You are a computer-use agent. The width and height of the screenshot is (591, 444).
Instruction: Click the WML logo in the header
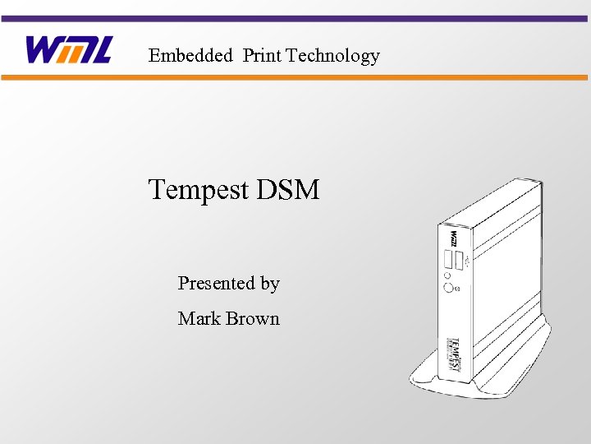tap(68, 50)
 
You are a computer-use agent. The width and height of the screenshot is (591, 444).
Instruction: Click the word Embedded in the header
tap(190, 56)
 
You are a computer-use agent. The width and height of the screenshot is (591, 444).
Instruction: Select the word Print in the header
tap(262, 56)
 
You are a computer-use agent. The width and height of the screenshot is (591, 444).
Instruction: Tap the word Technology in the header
tap(333, 56)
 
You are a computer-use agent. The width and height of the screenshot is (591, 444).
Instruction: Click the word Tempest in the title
tap(198, 191)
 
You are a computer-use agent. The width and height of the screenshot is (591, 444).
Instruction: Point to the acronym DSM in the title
tap(287, 191)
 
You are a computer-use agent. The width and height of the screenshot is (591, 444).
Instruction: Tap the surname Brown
tap(254, 319)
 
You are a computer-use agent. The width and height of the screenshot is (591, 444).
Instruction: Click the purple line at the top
tap(295, 18)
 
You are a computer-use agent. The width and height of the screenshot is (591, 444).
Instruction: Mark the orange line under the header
tap(295, 77)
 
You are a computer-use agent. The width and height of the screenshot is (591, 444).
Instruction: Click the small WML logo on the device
tap(452, 238)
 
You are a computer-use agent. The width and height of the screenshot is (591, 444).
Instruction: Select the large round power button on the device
tap(449, 287)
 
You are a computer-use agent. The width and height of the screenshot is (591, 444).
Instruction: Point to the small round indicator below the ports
tap(447, 275)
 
